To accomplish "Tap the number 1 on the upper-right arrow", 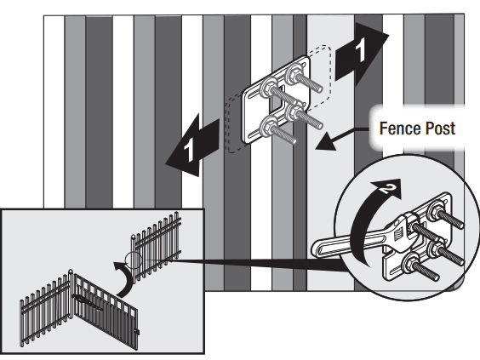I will [363, 50].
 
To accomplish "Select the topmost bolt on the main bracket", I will [300, 70].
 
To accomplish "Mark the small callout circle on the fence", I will [133, 260].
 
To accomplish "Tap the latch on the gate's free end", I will [136, 327].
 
